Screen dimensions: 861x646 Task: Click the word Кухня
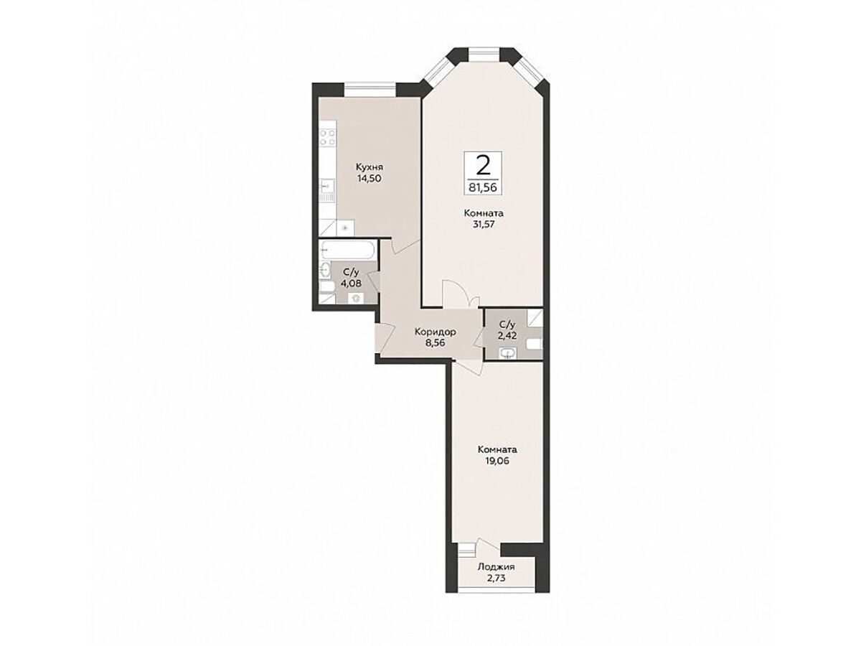tap(370, 167)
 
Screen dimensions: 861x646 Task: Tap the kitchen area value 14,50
tap(369, 179)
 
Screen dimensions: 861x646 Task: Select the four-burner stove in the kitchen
tap(328, 139)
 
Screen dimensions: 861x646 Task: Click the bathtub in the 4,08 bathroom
tap(347, 250)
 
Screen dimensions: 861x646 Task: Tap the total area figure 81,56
tap(483, 187)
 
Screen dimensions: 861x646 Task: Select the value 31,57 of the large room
tap(484, 225)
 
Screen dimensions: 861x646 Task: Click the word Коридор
tap(435, 332)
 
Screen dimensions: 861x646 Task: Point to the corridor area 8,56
tap(435, 343)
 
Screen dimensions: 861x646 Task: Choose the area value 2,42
tap(507, 335)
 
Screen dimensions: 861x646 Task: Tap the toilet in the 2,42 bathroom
tap(535, 344)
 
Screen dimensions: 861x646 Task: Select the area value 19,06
tap(497, 461)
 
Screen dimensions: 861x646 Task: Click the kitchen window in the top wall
tap(370, 90)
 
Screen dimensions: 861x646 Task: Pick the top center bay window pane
tap(484, 54)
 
